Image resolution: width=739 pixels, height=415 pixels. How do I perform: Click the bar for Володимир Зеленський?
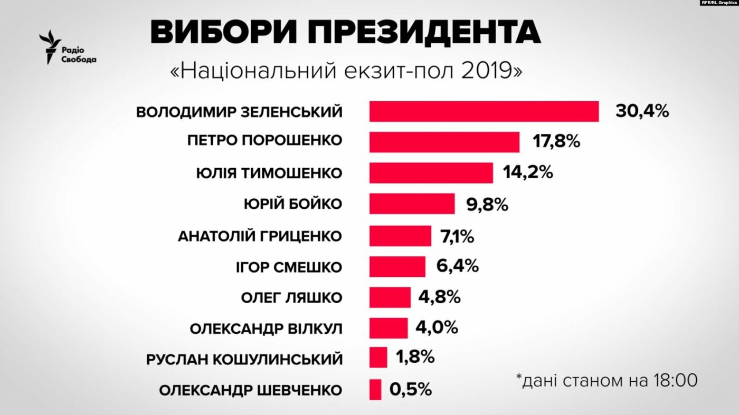coord(484,111)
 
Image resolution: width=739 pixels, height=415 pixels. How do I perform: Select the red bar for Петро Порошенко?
coord(444,142)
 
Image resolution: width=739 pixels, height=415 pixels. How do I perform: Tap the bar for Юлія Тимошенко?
coord(431,173)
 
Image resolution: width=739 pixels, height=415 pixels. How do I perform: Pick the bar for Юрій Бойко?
coord(412,204)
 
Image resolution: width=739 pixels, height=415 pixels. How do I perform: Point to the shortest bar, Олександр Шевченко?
coord(375,390)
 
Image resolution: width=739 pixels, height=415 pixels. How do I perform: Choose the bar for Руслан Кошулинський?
coord(378,358)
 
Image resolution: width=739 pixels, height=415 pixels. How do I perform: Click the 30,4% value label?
coord(642,111)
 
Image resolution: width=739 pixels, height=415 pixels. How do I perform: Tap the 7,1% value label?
coord(457,235)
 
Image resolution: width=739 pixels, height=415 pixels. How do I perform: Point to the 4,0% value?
coord(437,327)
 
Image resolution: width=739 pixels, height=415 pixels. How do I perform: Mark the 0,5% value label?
coord(411,390)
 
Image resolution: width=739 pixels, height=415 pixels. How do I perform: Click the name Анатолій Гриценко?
coord(260,236)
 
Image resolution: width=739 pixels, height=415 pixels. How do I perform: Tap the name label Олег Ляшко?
coord(291,297)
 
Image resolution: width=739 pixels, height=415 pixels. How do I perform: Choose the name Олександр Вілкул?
coord(266,329)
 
